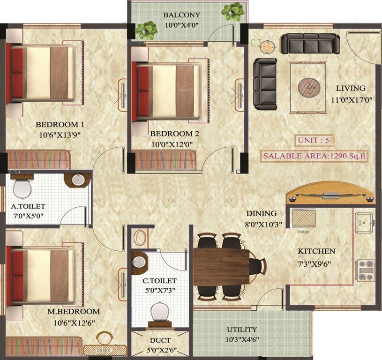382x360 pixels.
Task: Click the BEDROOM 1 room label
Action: (60, 125)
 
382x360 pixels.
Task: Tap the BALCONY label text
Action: (182, 15)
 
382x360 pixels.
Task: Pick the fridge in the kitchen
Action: (303, 218)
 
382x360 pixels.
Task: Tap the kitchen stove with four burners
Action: (365, 270)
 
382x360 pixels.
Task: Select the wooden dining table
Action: (222, 265)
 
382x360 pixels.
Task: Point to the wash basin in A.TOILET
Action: (78, 180)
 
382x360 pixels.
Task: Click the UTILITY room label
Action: (242, 330)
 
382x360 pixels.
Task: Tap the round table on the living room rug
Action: (309, 87)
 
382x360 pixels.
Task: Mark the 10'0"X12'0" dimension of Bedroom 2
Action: (172, 144)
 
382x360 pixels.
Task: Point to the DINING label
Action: (262, 213)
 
